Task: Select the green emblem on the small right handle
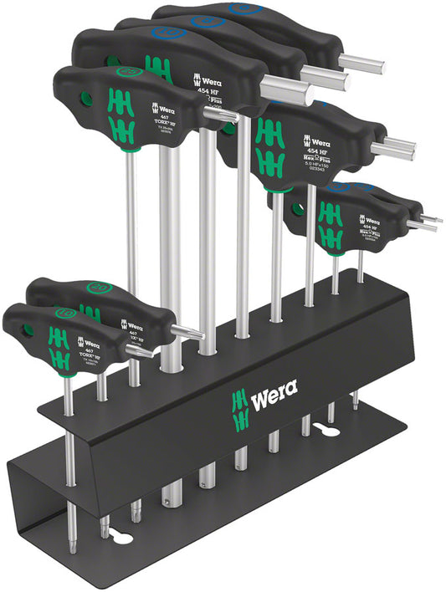pyautogui.click(x=329, y=224)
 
